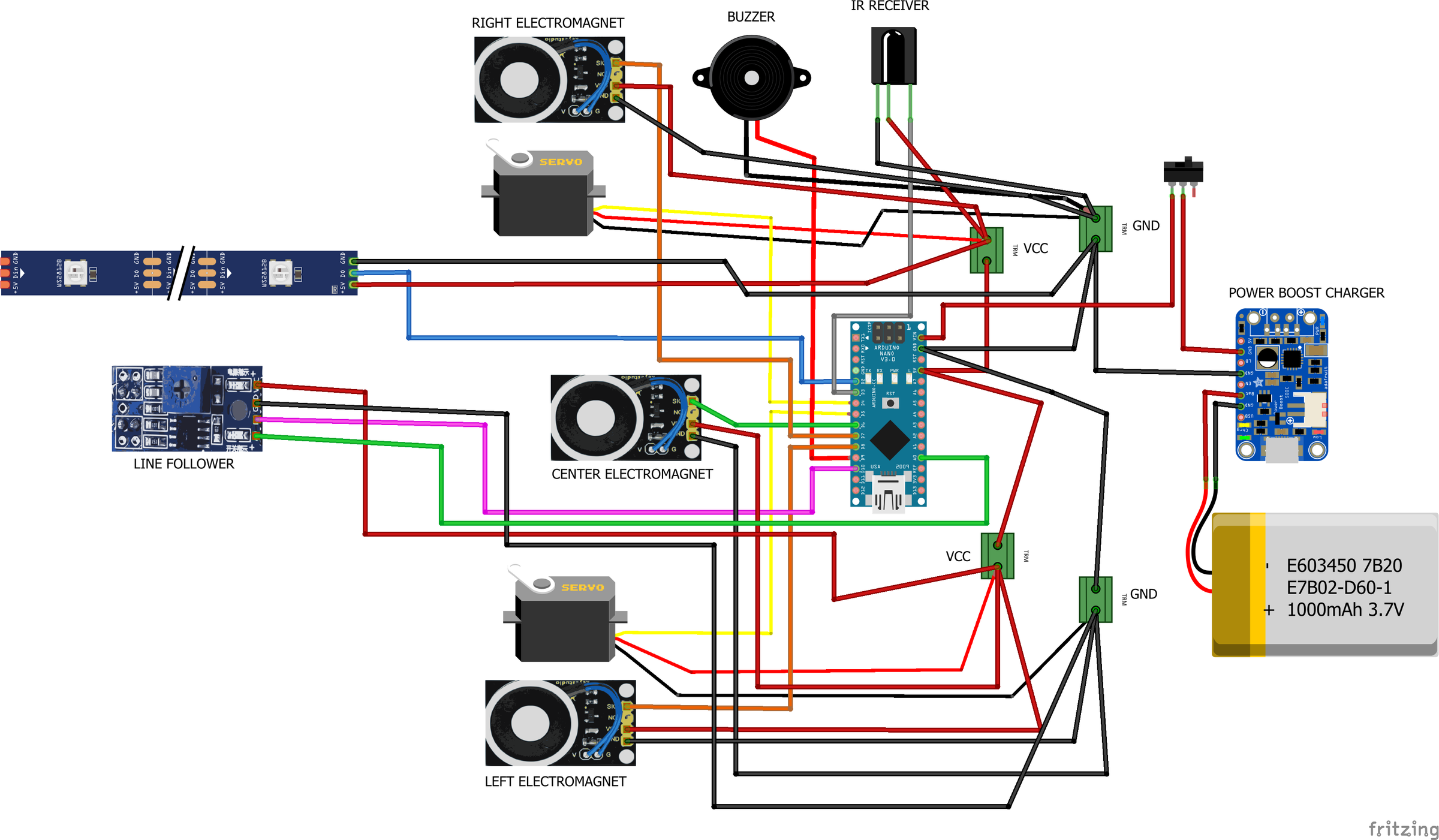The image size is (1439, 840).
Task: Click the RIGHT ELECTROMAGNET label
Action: (547, 23)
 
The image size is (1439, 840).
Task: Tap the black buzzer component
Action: (751, 78)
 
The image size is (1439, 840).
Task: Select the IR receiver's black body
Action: (893, 56)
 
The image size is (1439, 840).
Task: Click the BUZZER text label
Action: (751, 17)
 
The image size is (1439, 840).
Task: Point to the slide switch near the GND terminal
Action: (1183, 171)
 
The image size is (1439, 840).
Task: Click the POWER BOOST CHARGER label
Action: (1306, 293)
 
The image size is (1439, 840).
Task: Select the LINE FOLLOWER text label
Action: (183, 464)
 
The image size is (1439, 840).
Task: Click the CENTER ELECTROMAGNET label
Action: (632, 474)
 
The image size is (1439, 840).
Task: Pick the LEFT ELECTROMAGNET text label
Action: (555, 782)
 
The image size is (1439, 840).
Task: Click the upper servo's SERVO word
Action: (561, 162)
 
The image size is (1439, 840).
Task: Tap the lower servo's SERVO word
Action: (583, 588)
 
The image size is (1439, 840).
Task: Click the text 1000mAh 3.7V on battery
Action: (1345, 610)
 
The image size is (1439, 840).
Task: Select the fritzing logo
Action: (1403, 829)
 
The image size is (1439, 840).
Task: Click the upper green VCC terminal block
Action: (986, 250)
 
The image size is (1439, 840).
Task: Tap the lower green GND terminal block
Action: (1095, 600)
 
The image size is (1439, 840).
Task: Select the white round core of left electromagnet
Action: (530, 723)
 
